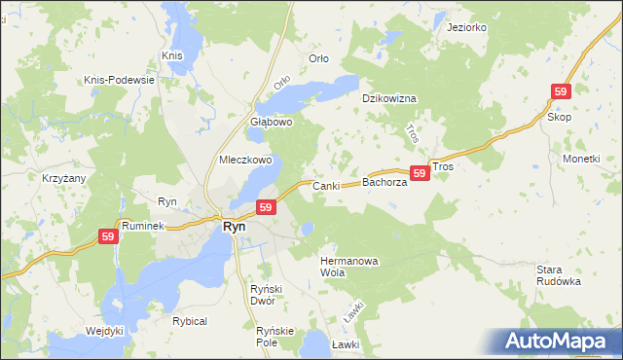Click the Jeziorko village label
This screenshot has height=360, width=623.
(x=465, y=27)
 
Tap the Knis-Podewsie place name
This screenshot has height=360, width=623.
(x=121, y=79)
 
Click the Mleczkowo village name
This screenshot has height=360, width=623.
(x=244, y=160)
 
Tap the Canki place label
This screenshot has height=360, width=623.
(x=324, y=185)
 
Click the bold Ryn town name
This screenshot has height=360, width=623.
(x=235, y=226)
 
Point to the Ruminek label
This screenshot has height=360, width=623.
(x=141, y=224)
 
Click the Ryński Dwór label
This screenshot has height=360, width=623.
(x=266, y=294)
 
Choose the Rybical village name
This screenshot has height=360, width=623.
(x=190, y=321)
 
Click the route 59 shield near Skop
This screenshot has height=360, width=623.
(x=560, y=91)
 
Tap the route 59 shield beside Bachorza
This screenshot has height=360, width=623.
(x=420, y=173)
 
